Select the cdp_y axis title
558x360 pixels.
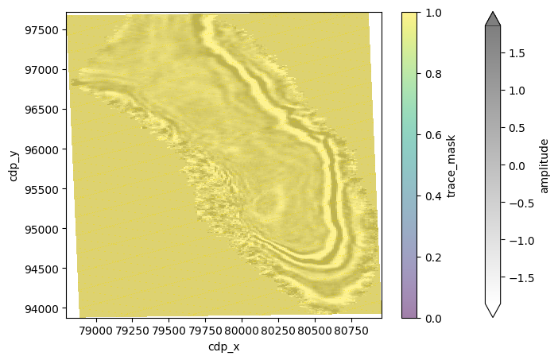pos(14,165)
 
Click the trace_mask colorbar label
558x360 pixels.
pos(451,165)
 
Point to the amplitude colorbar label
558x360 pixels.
pos(544,165)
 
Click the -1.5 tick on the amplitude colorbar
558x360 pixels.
pos(514,278)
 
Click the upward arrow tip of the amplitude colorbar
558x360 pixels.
pos(493,13)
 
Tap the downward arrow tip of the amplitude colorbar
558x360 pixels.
pos(493,316)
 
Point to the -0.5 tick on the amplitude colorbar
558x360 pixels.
pos(514,203)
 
